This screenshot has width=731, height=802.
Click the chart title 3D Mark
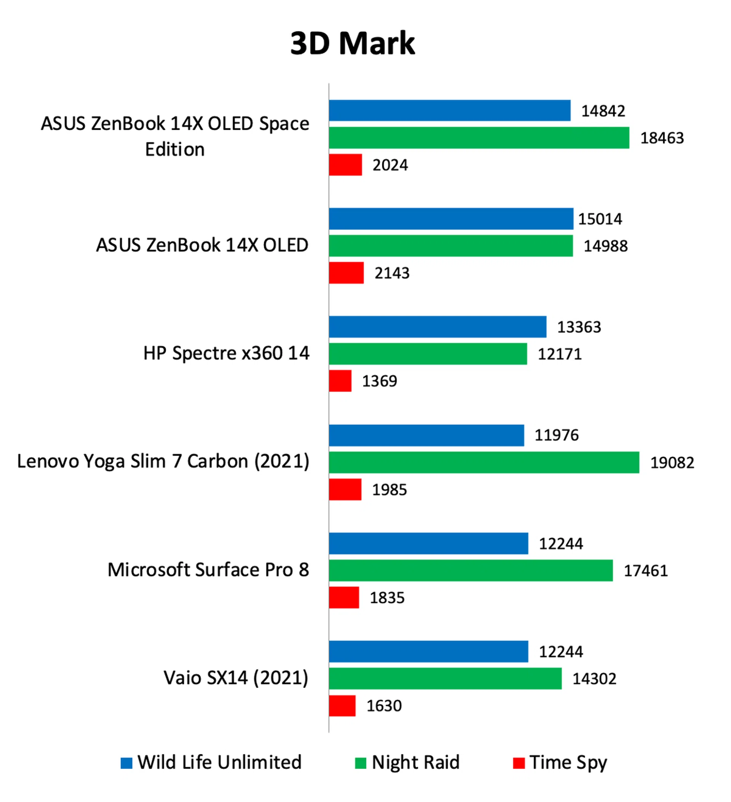coord(353,43)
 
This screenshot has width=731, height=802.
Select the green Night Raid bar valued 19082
coord(484,462)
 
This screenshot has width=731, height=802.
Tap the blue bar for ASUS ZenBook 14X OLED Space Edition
coord(450,111)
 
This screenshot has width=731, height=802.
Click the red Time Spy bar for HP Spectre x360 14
coord(340,381)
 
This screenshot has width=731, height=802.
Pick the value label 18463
coord(662,138)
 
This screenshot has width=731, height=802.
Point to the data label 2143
coord(392,273)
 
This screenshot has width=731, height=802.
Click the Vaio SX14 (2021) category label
coord(236,678)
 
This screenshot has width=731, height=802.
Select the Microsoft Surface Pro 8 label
coord(208,570)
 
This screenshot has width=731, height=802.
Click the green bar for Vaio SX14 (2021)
coord(445,678)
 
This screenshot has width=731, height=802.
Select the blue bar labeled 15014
coord(451,219)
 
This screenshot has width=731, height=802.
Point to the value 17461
coord(645,571)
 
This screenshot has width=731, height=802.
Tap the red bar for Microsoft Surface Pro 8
coord(344,598)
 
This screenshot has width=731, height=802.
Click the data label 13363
coord(579,327)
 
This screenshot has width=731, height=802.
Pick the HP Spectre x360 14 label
coord(226,353)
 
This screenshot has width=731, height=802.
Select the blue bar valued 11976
coord(426,435)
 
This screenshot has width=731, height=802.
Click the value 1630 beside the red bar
coord(384,706)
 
